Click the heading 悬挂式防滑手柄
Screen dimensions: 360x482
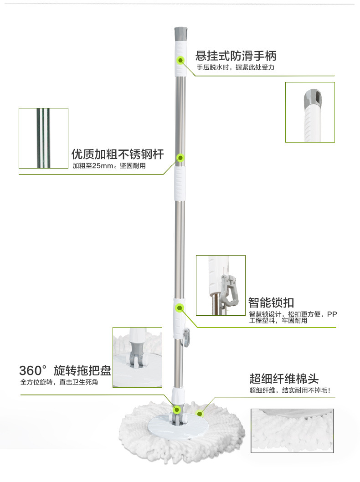[x=236, y=56]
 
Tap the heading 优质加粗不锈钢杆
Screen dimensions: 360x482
[x=118, y=154]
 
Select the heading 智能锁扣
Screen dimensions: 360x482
[x=271, y=303]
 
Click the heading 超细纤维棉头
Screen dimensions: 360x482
[x=283, y=379]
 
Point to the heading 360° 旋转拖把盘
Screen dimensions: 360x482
[x=65, y=369]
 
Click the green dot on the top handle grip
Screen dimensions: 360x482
[x=180, y=60]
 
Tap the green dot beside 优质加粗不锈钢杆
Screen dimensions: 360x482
[x=180, y=158]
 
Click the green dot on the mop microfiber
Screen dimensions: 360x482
[x=199, y=413]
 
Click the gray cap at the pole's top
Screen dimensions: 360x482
[x=180, y=33]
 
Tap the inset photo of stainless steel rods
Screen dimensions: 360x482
[x=43, y=138]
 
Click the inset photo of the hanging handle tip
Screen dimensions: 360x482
[x=310, y=112]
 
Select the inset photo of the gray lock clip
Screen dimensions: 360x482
[x=221, y=285]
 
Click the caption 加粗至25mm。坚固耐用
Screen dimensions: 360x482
[x=109, y=166]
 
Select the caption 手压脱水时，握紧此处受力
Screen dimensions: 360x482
[x=235, y=67]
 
